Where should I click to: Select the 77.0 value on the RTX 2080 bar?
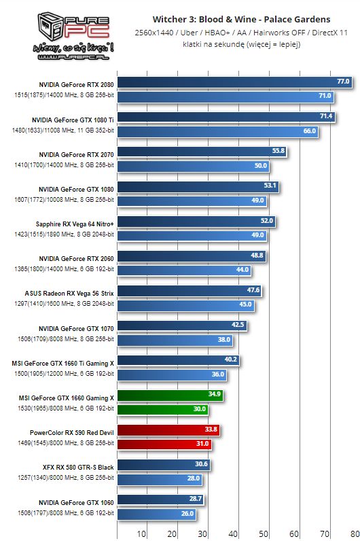click(343, 82)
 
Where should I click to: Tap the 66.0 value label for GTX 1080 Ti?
click(310, 130)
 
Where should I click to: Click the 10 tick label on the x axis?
click(143, 534)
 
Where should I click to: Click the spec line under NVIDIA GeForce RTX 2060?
click(64, 269)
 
